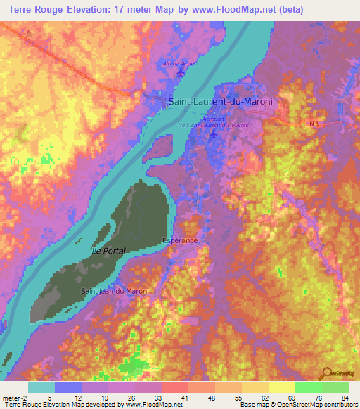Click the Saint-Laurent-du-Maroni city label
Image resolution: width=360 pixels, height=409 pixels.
point(220,102)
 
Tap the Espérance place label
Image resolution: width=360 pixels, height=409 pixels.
point(180,240)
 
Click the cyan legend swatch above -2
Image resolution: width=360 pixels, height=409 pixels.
point(41,387)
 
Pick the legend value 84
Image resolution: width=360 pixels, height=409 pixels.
point(345,398)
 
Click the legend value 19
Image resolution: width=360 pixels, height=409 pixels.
point(95,398)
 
